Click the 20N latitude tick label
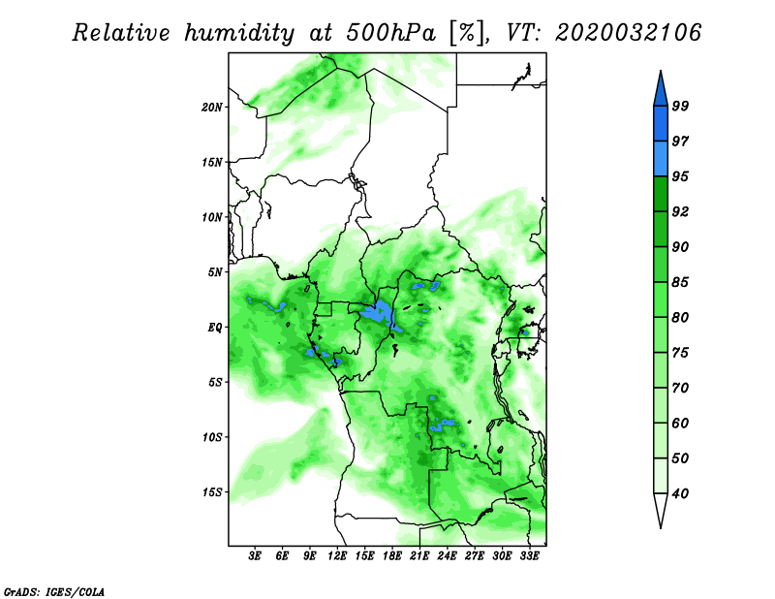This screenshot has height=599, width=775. pos(212,108)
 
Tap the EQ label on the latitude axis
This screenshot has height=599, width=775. pos(215,328)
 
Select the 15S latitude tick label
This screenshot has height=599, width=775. pos(212,492)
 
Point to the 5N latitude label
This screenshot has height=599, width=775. pos(215,272)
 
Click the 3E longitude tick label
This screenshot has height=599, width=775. pos(255,556)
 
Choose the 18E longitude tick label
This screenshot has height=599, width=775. pos(392,556)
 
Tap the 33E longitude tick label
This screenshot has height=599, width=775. pos(529,556)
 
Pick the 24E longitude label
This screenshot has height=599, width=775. pos(447,556)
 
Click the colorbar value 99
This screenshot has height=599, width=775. pos(680,107)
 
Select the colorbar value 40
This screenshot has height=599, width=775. pos(680,493)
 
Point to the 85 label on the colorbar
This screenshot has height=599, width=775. pos(680,282)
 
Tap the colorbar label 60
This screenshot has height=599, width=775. pos(680,424)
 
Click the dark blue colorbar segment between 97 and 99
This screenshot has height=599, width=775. pos(661,124)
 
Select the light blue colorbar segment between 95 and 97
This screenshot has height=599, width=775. pos(661,159)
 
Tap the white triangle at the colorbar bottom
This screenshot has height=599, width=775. pos(661,509)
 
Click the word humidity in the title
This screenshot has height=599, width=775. pos(239,33)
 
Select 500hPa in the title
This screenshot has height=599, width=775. pos(391,33)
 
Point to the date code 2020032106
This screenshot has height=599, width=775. pos(628,33)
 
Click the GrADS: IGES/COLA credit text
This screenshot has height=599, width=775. pos(54,592)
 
